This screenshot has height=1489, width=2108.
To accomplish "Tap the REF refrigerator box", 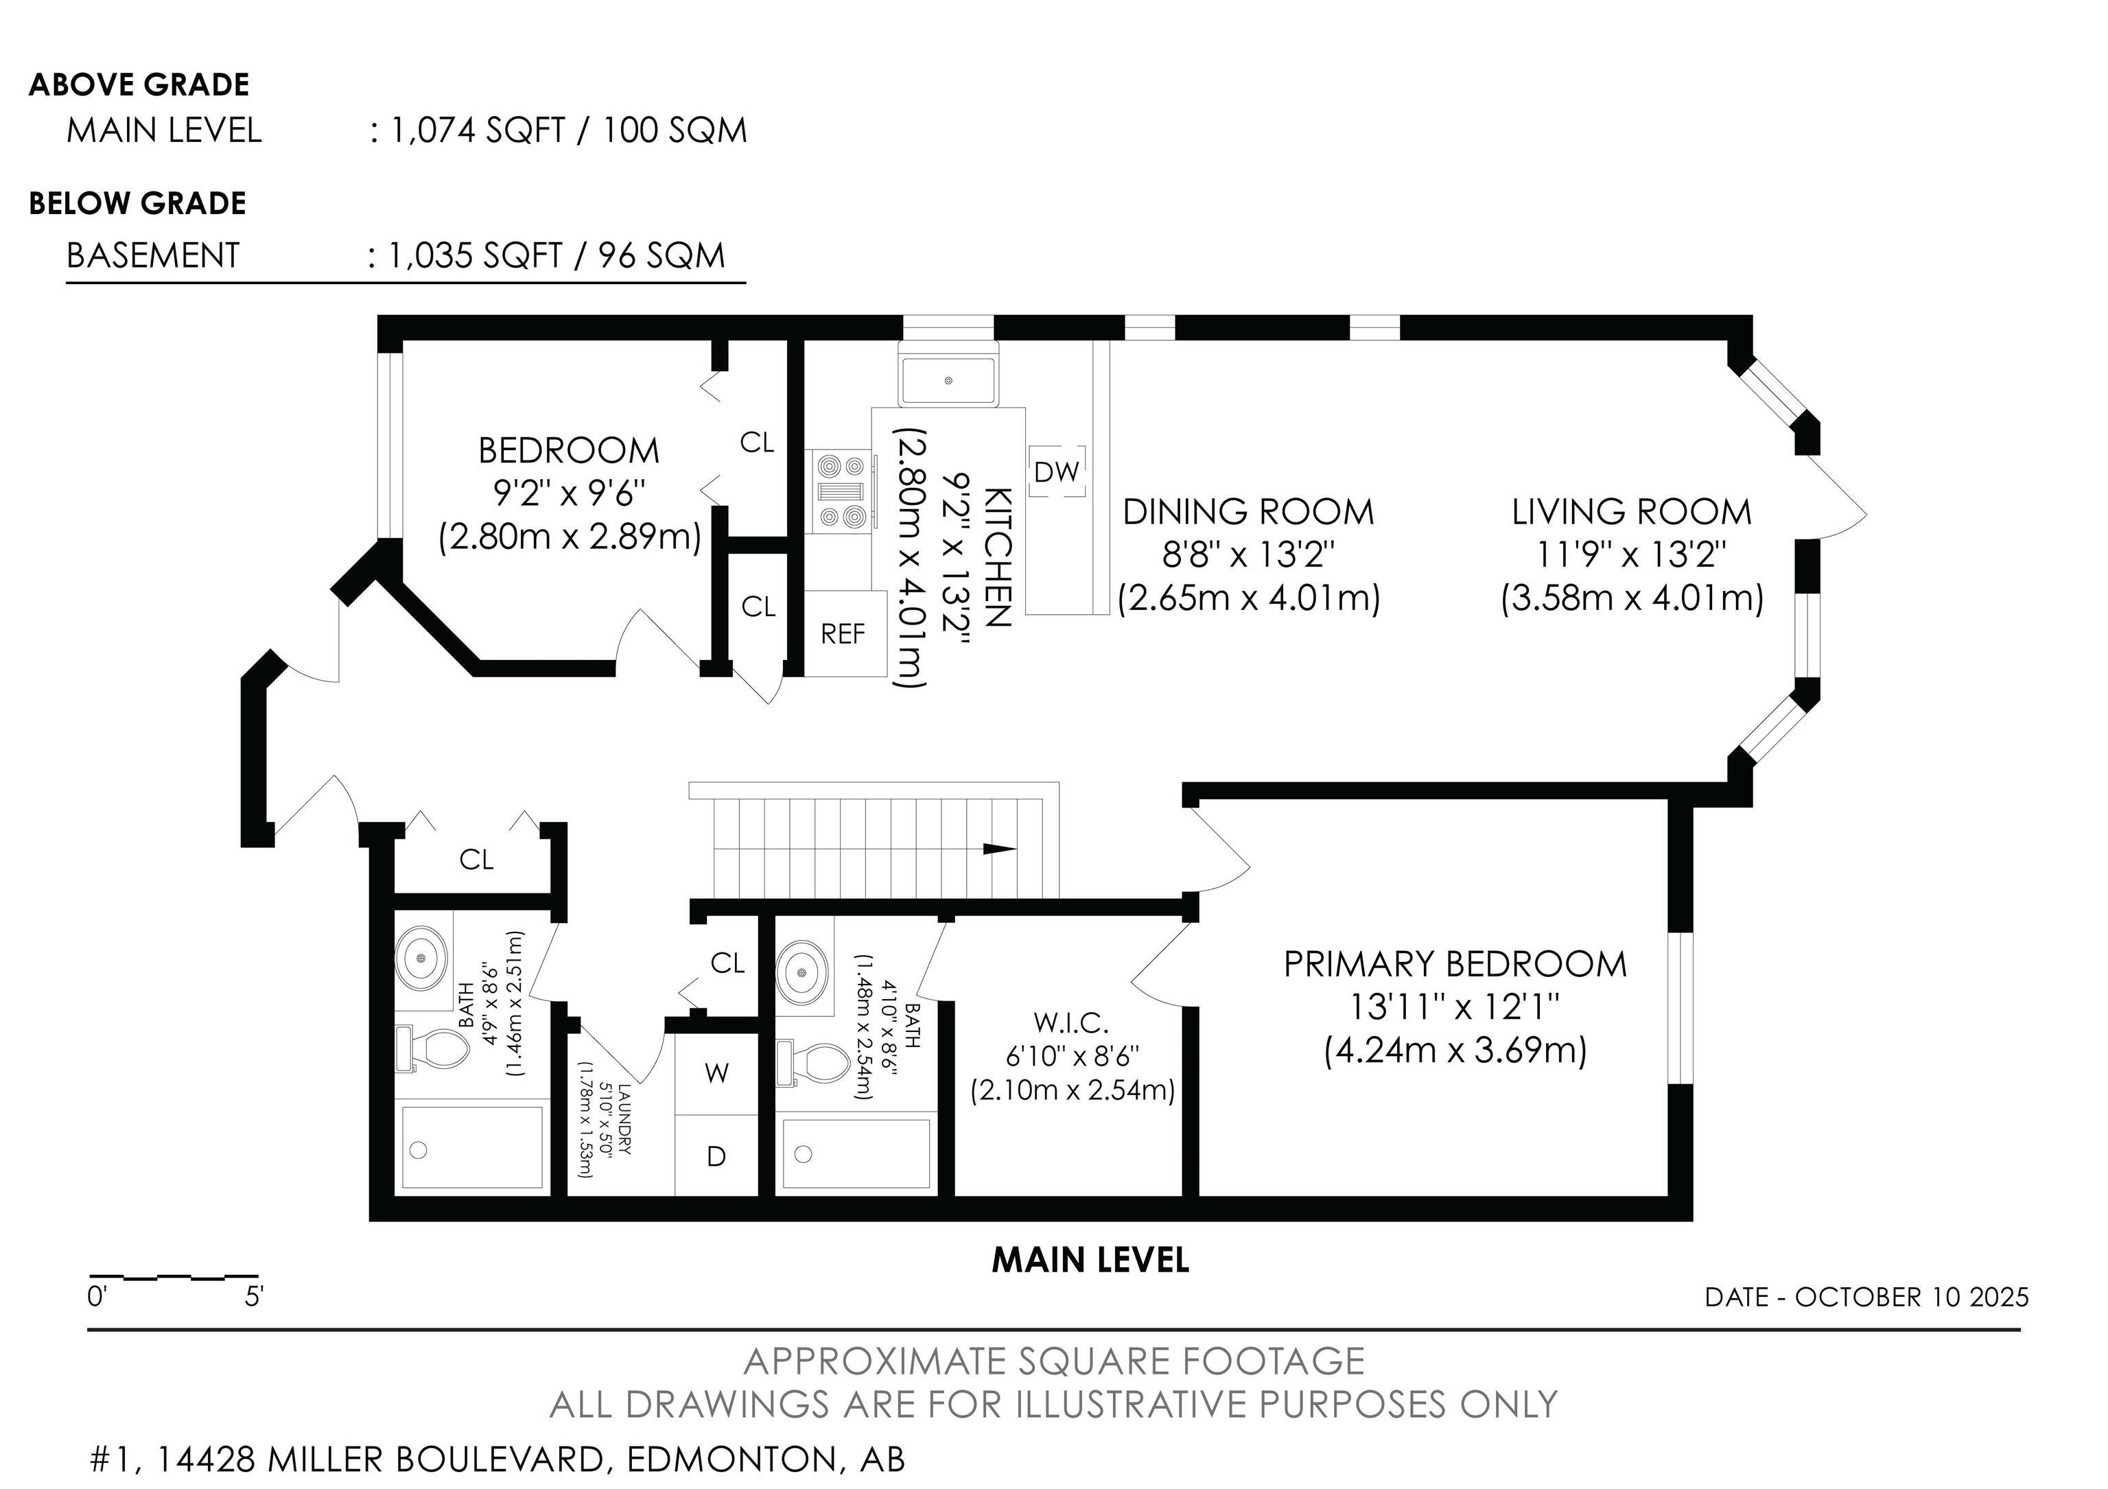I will point(843,633).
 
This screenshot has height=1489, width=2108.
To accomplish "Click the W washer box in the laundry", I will point(716,1073).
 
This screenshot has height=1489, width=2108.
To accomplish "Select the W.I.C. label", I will point(1070,1022).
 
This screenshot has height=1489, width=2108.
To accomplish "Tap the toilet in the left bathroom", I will point(434,1048).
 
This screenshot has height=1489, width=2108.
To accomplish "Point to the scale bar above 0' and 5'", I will point(173,1277).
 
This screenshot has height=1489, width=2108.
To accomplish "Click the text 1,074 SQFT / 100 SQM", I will point(568,130).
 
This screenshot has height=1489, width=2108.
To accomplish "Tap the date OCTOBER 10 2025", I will point(1912,1297).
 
